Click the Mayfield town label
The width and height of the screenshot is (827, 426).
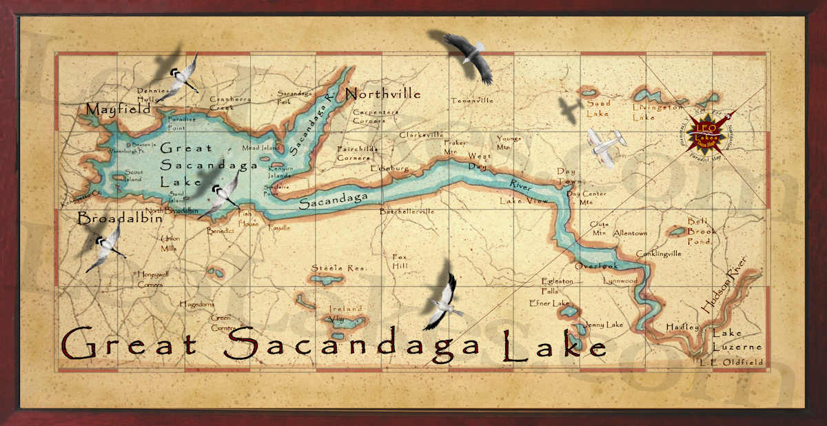(x=118, y=110)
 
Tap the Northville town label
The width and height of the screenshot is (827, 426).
(x=382, y=93)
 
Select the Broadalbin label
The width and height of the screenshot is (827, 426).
(x=120, y=219)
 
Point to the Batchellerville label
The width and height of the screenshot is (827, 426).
(x=407, y=212)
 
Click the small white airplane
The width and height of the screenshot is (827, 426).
(x=605, y=145)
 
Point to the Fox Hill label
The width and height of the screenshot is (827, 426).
(x=400, y=261)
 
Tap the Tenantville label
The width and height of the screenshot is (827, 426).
(x=472, y=101)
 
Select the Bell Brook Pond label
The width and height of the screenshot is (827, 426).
(x=702, y=232)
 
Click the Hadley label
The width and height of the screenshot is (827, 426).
(x=682, y=327)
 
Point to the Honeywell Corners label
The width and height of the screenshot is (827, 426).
(x=150, y=278)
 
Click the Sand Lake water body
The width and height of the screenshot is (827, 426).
(x=589, y=91)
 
